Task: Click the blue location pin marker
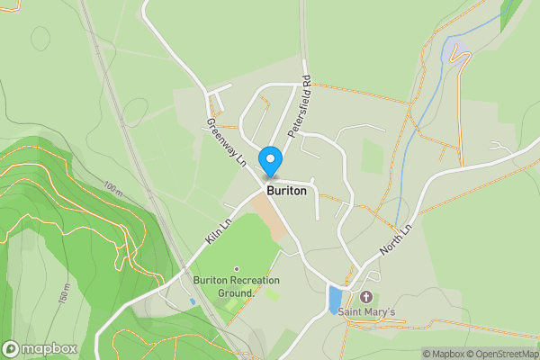[269, 161]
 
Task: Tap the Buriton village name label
[286, 192]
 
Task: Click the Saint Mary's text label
[366, 312]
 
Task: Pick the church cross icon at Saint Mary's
[366, 297]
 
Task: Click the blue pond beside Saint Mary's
[335, 300]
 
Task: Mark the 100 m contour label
[112, 191]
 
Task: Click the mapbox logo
[40, 348]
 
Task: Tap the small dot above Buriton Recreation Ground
[237, 269]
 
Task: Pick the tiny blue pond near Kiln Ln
[192, 301]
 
